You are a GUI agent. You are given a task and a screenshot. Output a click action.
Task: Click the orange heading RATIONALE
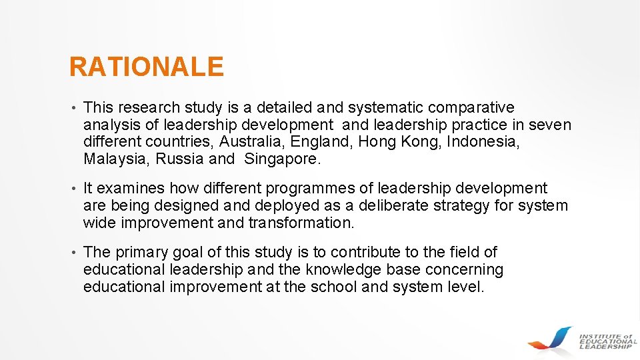coord(146,67)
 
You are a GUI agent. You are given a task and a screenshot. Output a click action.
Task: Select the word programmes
coord(293,189)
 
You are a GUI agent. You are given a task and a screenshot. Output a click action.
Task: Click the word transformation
coord(301,223)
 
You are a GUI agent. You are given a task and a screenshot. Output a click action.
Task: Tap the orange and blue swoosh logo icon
coord(551,338)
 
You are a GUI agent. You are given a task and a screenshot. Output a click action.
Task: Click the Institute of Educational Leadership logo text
coord(607,341)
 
